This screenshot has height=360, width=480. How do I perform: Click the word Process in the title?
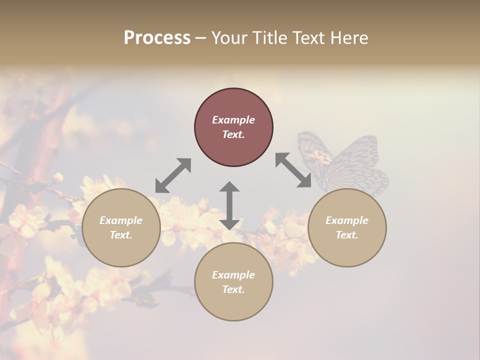[157, 38]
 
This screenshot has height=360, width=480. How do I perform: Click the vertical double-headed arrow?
[229, 206]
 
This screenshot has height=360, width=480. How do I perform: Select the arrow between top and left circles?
[173, 175]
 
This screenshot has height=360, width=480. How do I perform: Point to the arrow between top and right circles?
[293, 170]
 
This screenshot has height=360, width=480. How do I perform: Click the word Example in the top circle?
[233, 120]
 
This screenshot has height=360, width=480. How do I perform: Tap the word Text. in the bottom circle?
[233, 289]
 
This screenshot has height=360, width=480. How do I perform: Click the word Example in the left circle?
[121, 220]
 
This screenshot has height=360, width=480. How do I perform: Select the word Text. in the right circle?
[347, 235]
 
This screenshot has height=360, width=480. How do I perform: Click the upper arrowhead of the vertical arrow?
[229, 186]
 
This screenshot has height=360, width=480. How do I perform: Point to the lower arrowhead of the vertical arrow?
[229, 224]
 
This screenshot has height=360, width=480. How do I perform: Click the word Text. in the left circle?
[121, 235]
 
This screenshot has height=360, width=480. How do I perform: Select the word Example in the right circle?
[347, 220]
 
